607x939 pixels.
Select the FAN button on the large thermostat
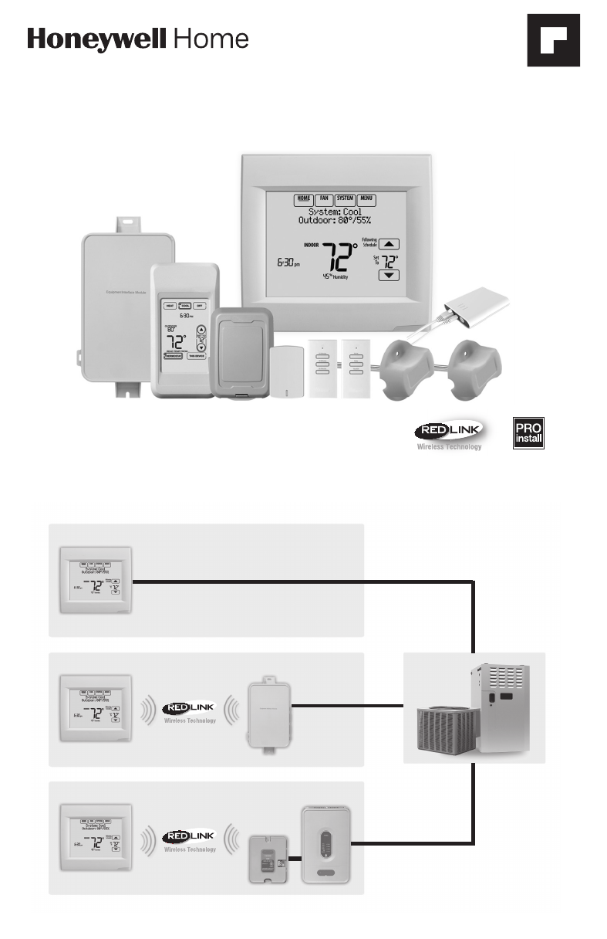323,198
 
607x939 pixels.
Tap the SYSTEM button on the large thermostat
344,198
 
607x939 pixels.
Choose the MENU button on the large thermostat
366,198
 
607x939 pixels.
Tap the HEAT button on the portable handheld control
169,306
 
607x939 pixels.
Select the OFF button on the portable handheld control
199,306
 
